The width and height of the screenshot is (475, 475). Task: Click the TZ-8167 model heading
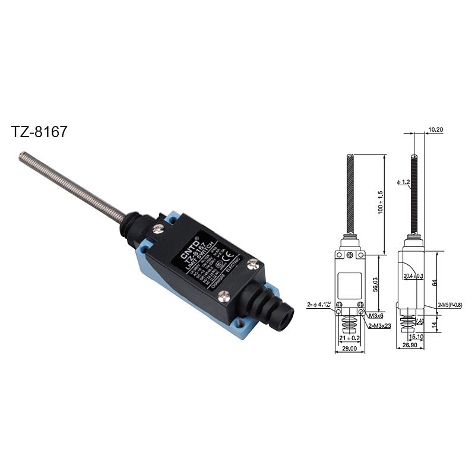(39, 132)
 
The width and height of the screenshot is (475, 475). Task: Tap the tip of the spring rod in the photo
(22, 156)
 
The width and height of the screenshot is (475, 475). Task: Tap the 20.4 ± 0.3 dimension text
(413, 275)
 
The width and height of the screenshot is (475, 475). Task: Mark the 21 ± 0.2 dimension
(349, 338)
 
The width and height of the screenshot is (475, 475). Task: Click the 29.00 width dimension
(349, 349)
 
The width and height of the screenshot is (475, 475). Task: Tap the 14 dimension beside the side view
(435, 325)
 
